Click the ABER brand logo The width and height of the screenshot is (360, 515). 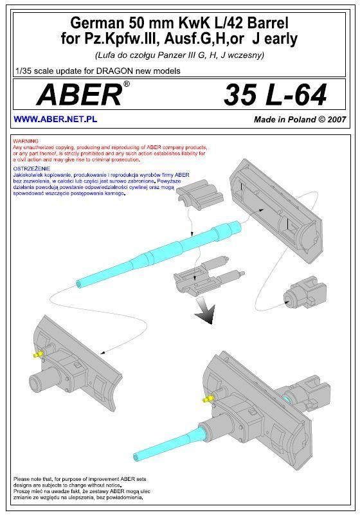[80, 95]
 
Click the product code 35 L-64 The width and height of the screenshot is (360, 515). [275, 95]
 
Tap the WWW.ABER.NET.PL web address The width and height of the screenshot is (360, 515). [55, 119]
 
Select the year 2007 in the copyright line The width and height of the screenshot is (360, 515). [337, 119]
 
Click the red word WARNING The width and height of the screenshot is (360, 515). [26, 141]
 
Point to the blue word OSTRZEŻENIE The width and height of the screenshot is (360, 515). [32, 168]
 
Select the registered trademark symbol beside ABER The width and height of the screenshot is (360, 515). [126, 84]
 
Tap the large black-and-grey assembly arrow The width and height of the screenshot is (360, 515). [205, 310]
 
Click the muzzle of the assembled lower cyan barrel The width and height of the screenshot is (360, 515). [136, 457]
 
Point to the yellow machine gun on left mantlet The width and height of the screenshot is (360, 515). [37, 354]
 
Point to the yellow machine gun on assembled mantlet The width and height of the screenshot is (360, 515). [208, 399]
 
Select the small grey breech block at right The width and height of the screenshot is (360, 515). [305, 293]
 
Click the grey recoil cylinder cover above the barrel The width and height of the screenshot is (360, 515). [200, 195]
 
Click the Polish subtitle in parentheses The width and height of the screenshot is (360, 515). [179, 55]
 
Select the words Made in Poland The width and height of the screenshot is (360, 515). [285, 119]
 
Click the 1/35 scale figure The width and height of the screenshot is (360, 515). [24, 71]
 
